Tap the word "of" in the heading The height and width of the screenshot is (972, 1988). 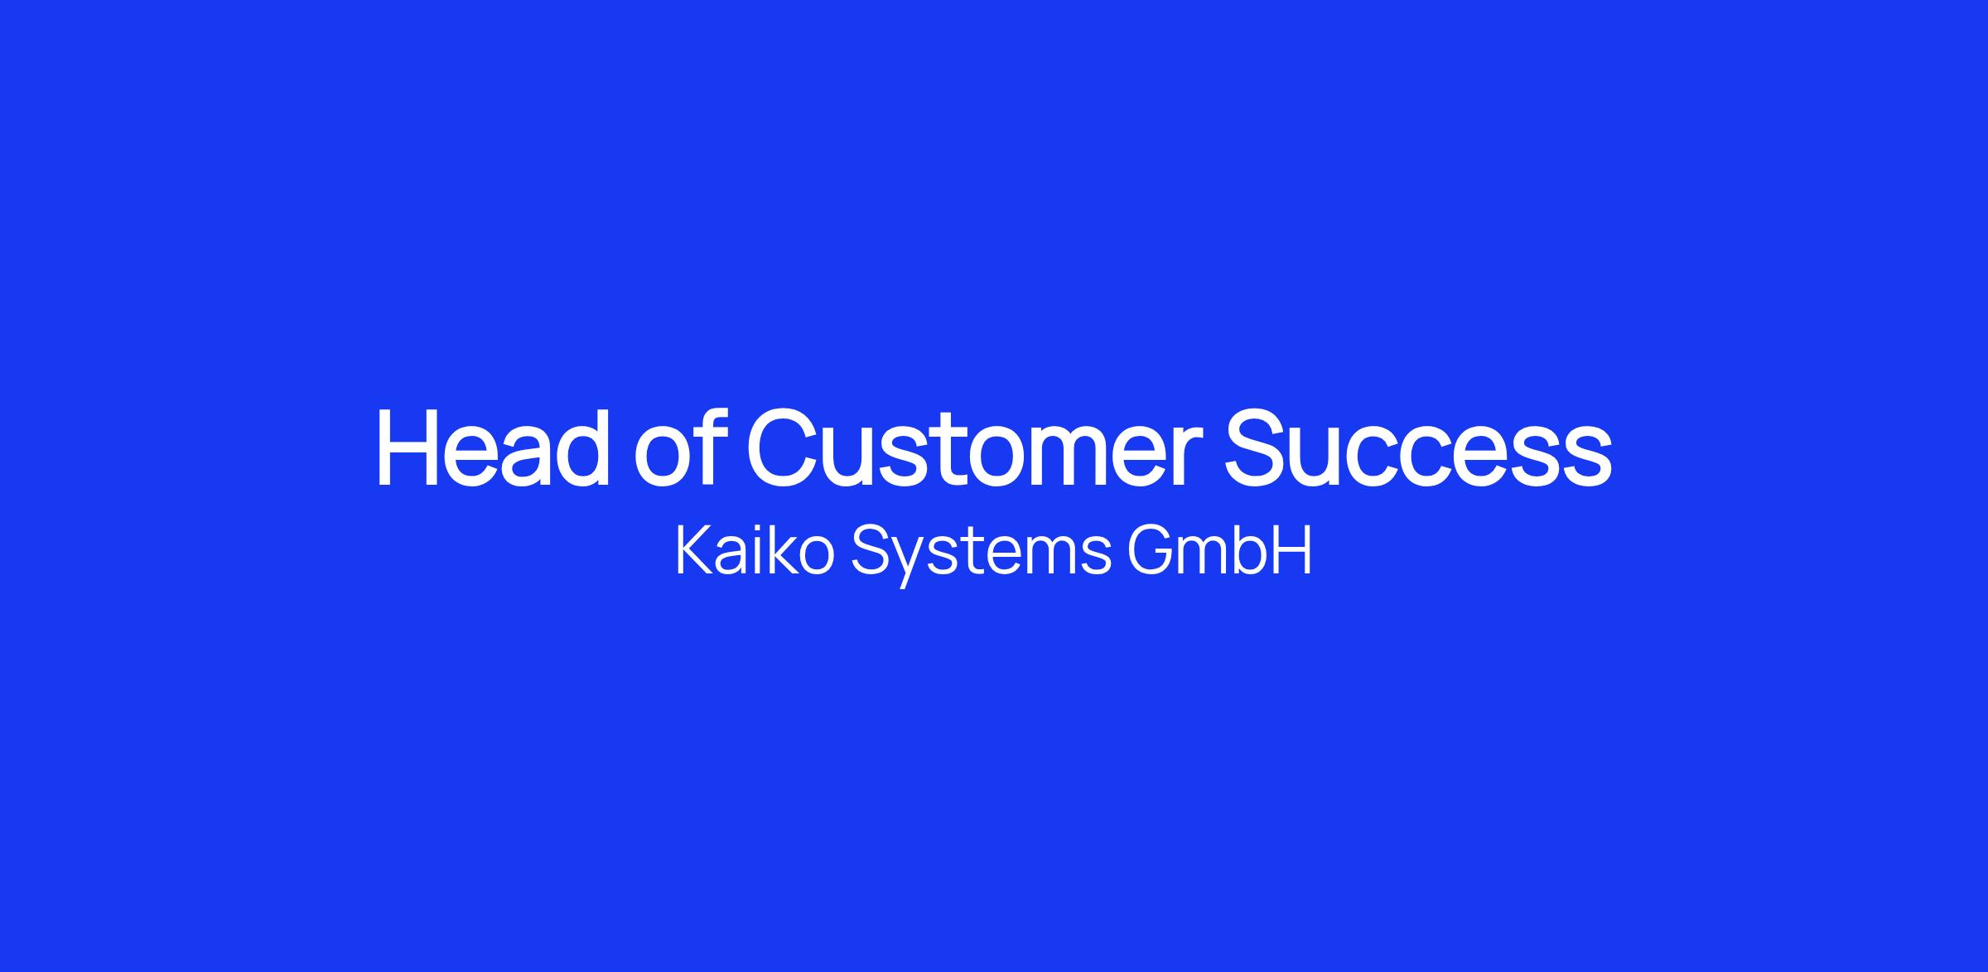(677, 447)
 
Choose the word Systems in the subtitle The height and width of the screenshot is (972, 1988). (982, 554)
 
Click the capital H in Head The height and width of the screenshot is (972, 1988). (408, 447)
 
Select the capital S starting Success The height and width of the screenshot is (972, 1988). (1258, 447)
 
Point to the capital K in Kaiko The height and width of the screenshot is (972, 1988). (697, 550)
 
